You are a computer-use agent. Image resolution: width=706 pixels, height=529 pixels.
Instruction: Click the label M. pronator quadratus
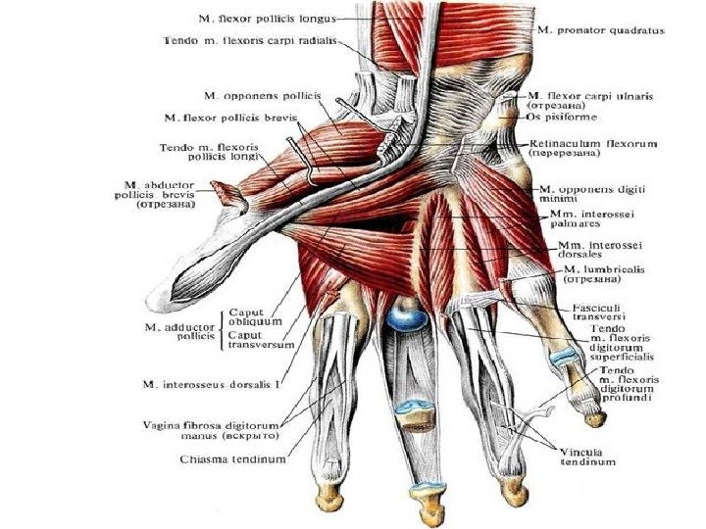coord(600,30)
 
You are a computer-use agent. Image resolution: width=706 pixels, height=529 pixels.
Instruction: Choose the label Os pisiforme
coord(561,115)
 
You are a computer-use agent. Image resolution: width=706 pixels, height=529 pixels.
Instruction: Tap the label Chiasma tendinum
coord(232,458)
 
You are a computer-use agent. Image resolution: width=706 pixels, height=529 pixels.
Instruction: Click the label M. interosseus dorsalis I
coord(209,384)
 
